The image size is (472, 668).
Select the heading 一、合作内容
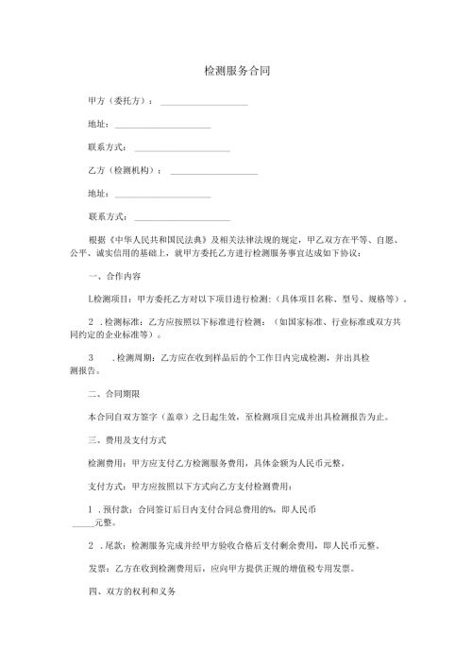point(114,277)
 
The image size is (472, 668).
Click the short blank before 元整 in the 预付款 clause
point(83,522)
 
